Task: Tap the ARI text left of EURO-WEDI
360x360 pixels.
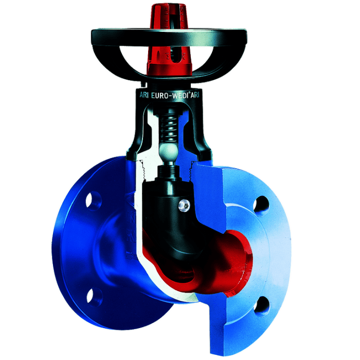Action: tap(144, 95)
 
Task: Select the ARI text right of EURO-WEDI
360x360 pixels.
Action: tap(195, 95)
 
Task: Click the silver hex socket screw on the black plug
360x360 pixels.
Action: tap(185, 206)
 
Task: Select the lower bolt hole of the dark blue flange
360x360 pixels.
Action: tap(94, 297)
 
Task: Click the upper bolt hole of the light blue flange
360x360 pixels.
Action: tap(261, 206)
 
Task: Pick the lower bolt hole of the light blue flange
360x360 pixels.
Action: tap(262, 307)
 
